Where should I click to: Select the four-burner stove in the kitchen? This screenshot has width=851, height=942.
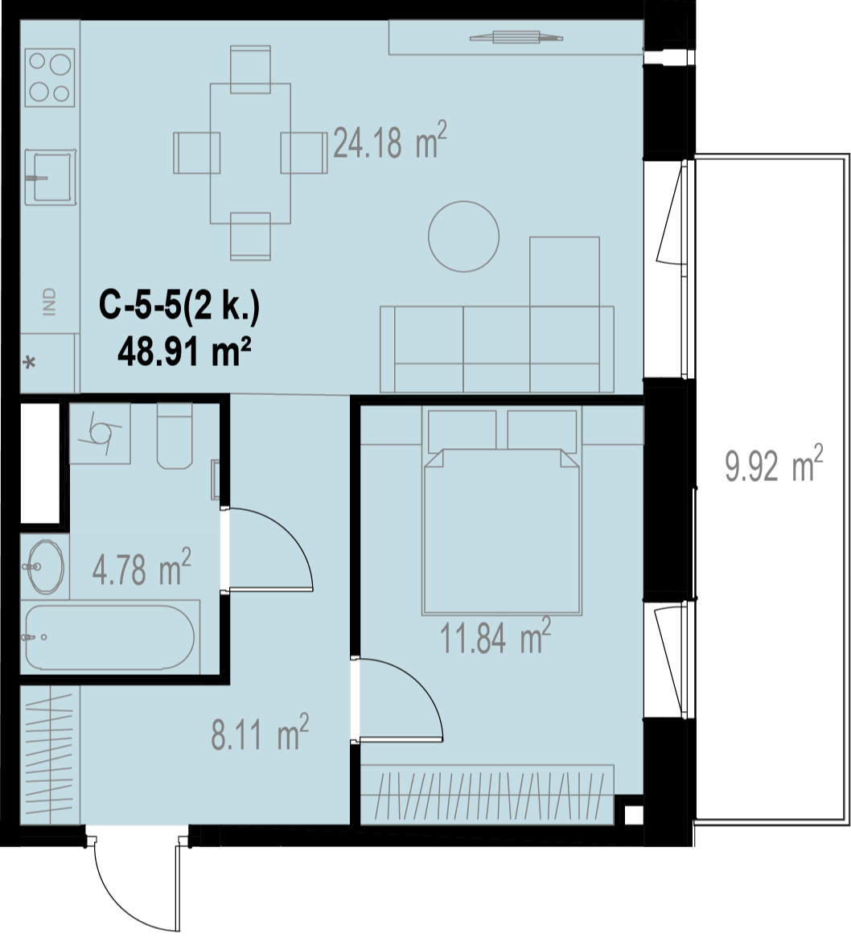coord(50,77)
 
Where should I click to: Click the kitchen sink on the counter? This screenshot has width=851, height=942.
coord(51,177)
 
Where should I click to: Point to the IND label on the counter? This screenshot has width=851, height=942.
coord(49,302)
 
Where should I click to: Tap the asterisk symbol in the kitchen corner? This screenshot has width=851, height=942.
coord(30,363)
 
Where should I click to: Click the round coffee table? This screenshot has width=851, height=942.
coord(463,236)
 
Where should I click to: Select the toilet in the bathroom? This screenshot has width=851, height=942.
coord(175,435)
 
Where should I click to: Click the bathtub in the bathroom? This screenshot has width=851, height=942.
coord(110,637)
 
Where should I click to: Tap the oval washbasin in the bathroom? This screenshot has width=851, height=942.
coord(45,566)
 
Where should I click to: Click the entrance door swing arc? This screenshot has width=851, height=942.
coord(119,904)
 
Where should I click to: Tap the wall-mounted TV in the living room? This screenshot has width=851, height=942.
coord(516,38)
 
